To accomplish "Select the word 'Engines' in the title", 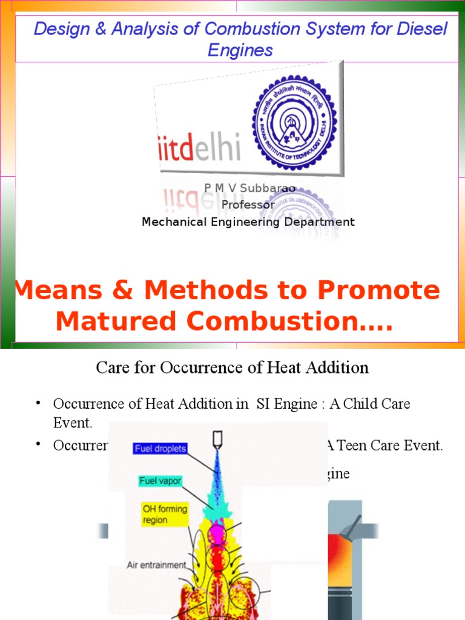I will pyautogui.click(x=240, y=50).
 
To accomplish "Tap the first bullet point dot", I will pyautogui.click(x=38, y=403).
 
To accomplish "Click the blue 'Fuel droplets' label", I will pyautogui.click(x=160, y=449).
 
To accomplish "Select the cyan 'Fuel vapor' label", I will pyautogui.click(x=160, y=481).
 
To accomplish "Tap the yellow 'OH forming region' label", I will pyautogui.click(x=164, y=515).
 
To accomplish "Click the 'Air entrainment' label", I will pyautogui.click(x=156, y=565).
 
